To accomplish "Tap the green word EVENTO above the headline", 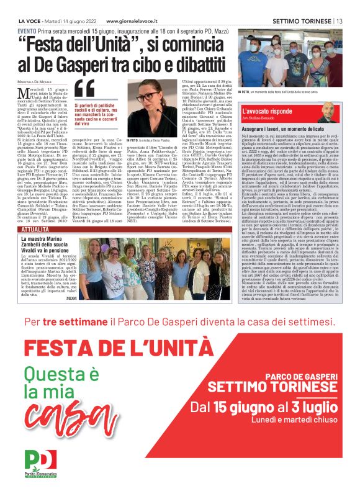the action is (x=27, y=31).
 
